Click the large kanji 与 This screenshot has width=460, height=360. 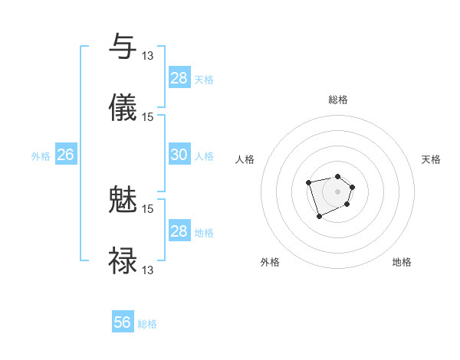[123, 47]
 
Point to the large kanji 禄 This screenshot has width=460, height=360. [123, 260]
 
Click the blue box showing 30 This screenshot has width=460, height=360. [179, 155]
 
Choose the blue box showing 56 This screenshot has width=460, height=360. [123, 322]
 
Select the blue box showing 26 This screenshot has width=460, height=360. [65, 155]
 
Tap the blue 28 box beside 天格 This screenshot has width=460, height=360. [179, 77]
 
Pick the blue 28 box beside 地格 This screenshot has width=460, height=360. [179, 231]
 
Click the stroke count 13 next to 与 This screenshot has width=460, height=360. [148, 55]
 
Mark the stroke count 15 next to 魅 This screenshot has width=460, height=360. [148, 208]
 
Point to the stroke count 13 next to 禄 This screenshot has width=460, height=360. [148, 270]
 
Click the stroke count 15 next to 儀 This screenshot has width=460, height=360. [148, 116]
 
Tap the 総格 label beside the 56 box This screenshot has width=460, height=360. [147, 324]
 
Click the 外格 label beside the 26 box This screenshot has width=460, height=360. [41, 156]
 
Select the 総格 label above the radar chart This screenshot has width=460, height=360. [338, 100]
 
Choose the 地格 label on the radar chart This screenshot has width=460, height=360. [402, 262]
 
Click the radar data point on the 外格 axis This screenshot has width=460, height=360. [319, 217]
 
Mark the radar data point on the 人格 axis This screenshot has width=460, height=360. [308, 182]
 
